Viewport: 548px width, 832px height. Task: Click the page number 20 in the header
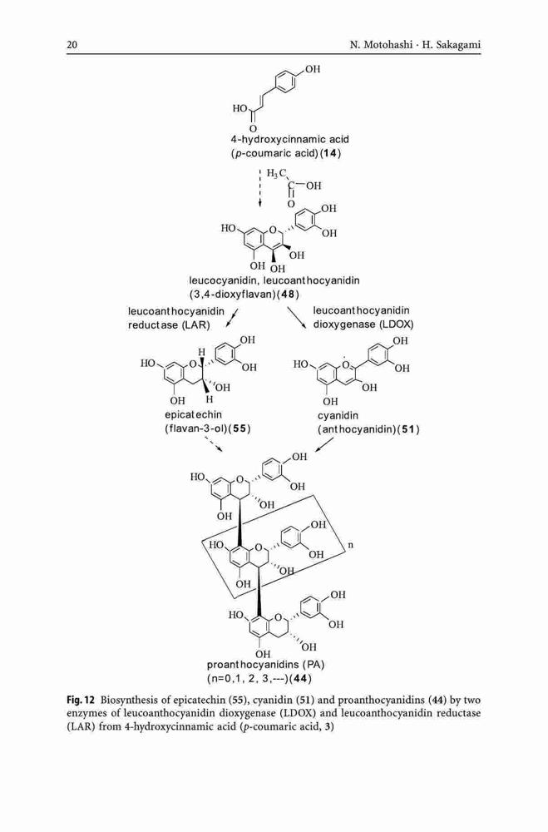72,45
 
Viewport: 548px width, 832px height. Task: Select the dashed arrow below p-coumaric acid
259,189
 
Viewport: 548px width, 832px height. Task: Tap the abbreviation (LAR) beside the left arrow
195,324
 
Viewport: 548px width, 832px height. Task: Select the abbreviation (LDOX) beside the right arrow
397,324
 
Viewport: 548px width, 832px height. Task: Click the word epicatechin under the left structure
193,414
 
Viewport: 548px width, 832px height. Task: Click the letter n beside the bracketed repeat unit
350,545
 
